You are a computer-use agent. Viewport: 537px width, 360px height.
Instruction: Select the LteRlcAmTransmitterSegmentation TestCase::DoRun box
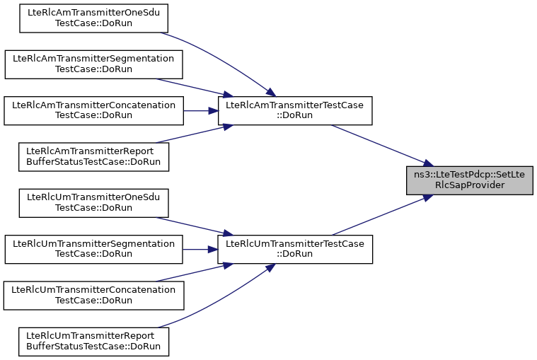pos(93,65)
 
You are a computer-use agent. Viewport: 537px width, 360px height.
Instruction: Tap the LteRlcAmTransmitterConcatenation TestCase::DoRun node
pos(93,111)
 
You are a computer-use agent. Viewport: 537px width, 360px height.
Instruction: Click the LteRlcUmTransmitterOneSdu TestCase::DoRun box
pos(93,203)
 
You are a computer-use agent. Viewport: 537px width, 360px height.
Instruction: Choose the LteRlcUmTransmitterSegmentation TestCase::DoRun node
pos(93,249)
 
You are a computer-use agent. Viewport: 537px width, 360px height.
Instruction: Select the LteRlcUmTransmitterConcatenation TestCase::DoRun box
pos(93,295)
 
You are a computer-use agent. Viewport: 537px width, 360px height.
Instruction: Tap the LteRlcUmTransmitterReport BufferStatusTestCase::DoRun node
pos(93,341)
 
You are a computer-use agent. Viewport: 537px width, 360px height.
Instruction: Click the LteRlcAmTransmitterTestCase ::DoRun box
pos(294,111)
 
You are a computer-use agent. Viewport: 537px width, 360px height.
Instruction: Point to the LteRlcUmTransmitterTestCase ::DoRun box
pos(294,249)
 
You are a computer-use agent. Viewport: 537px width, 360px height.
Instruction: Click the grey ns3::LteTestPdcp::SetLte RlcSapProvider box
pos(469,180)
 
